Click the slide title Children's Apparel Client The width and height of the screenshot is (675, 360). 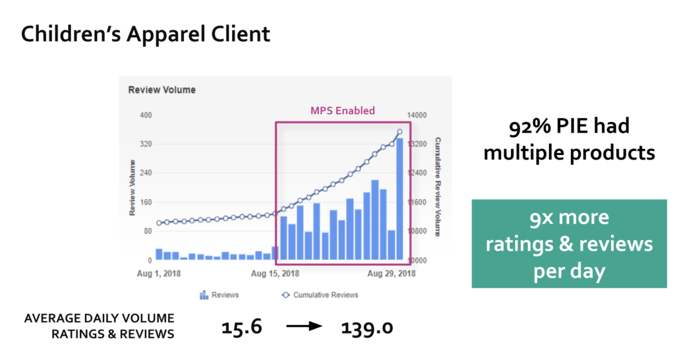pos(146,34)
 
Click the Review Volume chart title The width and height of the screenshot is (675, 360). pos(162,90)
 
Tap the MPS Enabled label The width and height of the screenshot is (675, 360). pos(343,111)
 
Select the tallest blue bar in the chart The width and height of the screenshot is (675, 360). pos(399,199)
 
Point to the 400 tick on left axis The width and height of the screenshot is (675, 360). pos(146,115)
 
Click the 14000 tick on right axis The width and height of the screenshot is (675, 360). pos(417,115)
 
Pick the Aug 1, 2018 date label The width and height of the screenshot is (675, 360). pos(159,274)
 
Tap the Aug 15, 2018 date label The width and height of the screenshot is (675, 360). pos(275,274)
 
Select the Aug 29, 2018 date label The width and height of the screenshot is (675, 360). pos(392,274)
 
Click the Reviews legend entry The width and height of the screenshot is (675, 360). pos(219,295)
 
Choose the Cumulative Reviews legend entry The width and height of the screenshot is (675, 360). pos(320,295)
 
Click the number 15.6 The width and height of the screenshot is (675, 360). pos(242,327)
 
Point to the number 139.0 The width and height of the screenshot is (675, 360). pos(367,327)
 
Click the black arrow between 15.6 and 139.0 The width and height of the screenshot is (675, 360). pos(305,326)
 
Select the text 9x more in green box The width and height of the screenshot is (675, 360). pos(569,218)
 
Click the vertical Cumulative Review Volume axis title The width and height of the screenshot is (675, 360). pos(438,187)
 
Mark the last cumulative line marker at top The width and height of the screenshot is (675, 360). pos(400,132)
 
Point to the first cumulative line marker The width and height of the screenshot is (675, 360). pos(160,223)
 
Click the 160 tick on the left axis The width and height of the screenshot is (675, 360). pos(146,202)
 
